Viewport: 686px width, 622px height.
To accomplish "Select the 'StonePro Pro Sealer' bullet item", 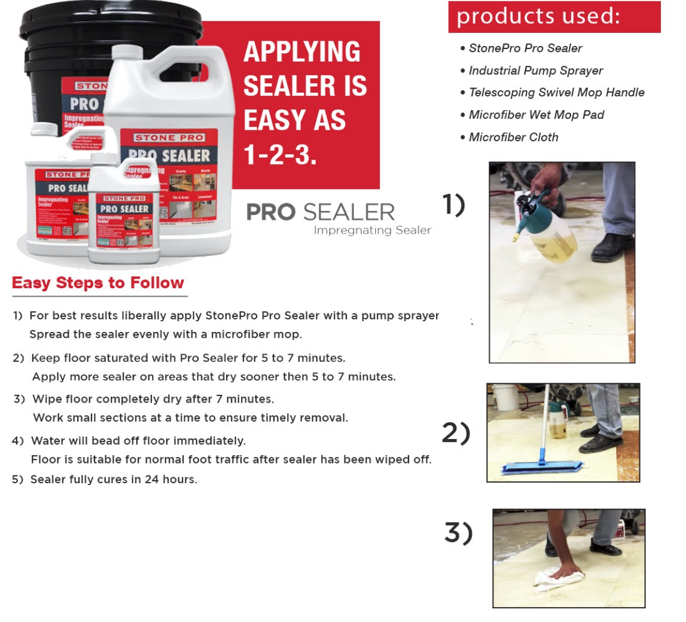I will coord(525,48).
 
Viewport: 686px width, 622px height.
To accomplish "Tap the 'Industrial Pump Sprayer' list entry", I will coord(535,71).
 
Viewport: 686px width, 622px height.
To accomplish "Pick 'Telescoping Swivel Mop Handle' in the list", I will coord(556,93).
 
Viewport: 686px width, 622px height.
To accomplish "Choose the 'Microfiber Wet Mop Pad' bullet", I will coord(536,115).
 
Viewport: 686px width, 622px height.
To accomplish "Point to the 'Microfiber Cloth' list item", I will coord(513,137).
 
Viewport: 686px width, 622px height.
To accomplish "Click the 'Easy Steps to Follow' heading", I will coord(98,283).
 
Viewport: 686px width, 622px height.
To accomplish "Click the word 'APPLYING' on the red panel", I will coord(302,53).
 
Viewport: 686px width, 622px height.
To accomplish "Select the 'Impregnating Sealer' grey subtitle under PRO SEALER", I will coord(372,230).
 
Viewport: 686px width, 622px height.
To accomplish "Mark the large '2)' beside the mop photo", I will coord(456,433).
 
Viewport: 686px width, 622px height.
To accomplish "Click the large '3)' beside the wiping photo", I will coord(458,532).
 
